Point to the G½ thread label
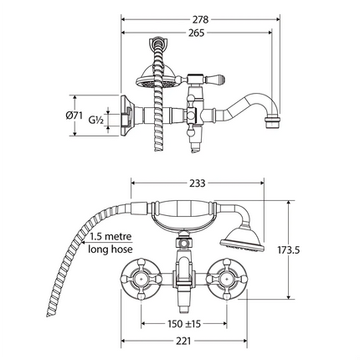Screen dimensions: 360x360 point(97,121)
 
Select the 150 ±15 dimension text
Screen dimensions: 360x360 point(185,323)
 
